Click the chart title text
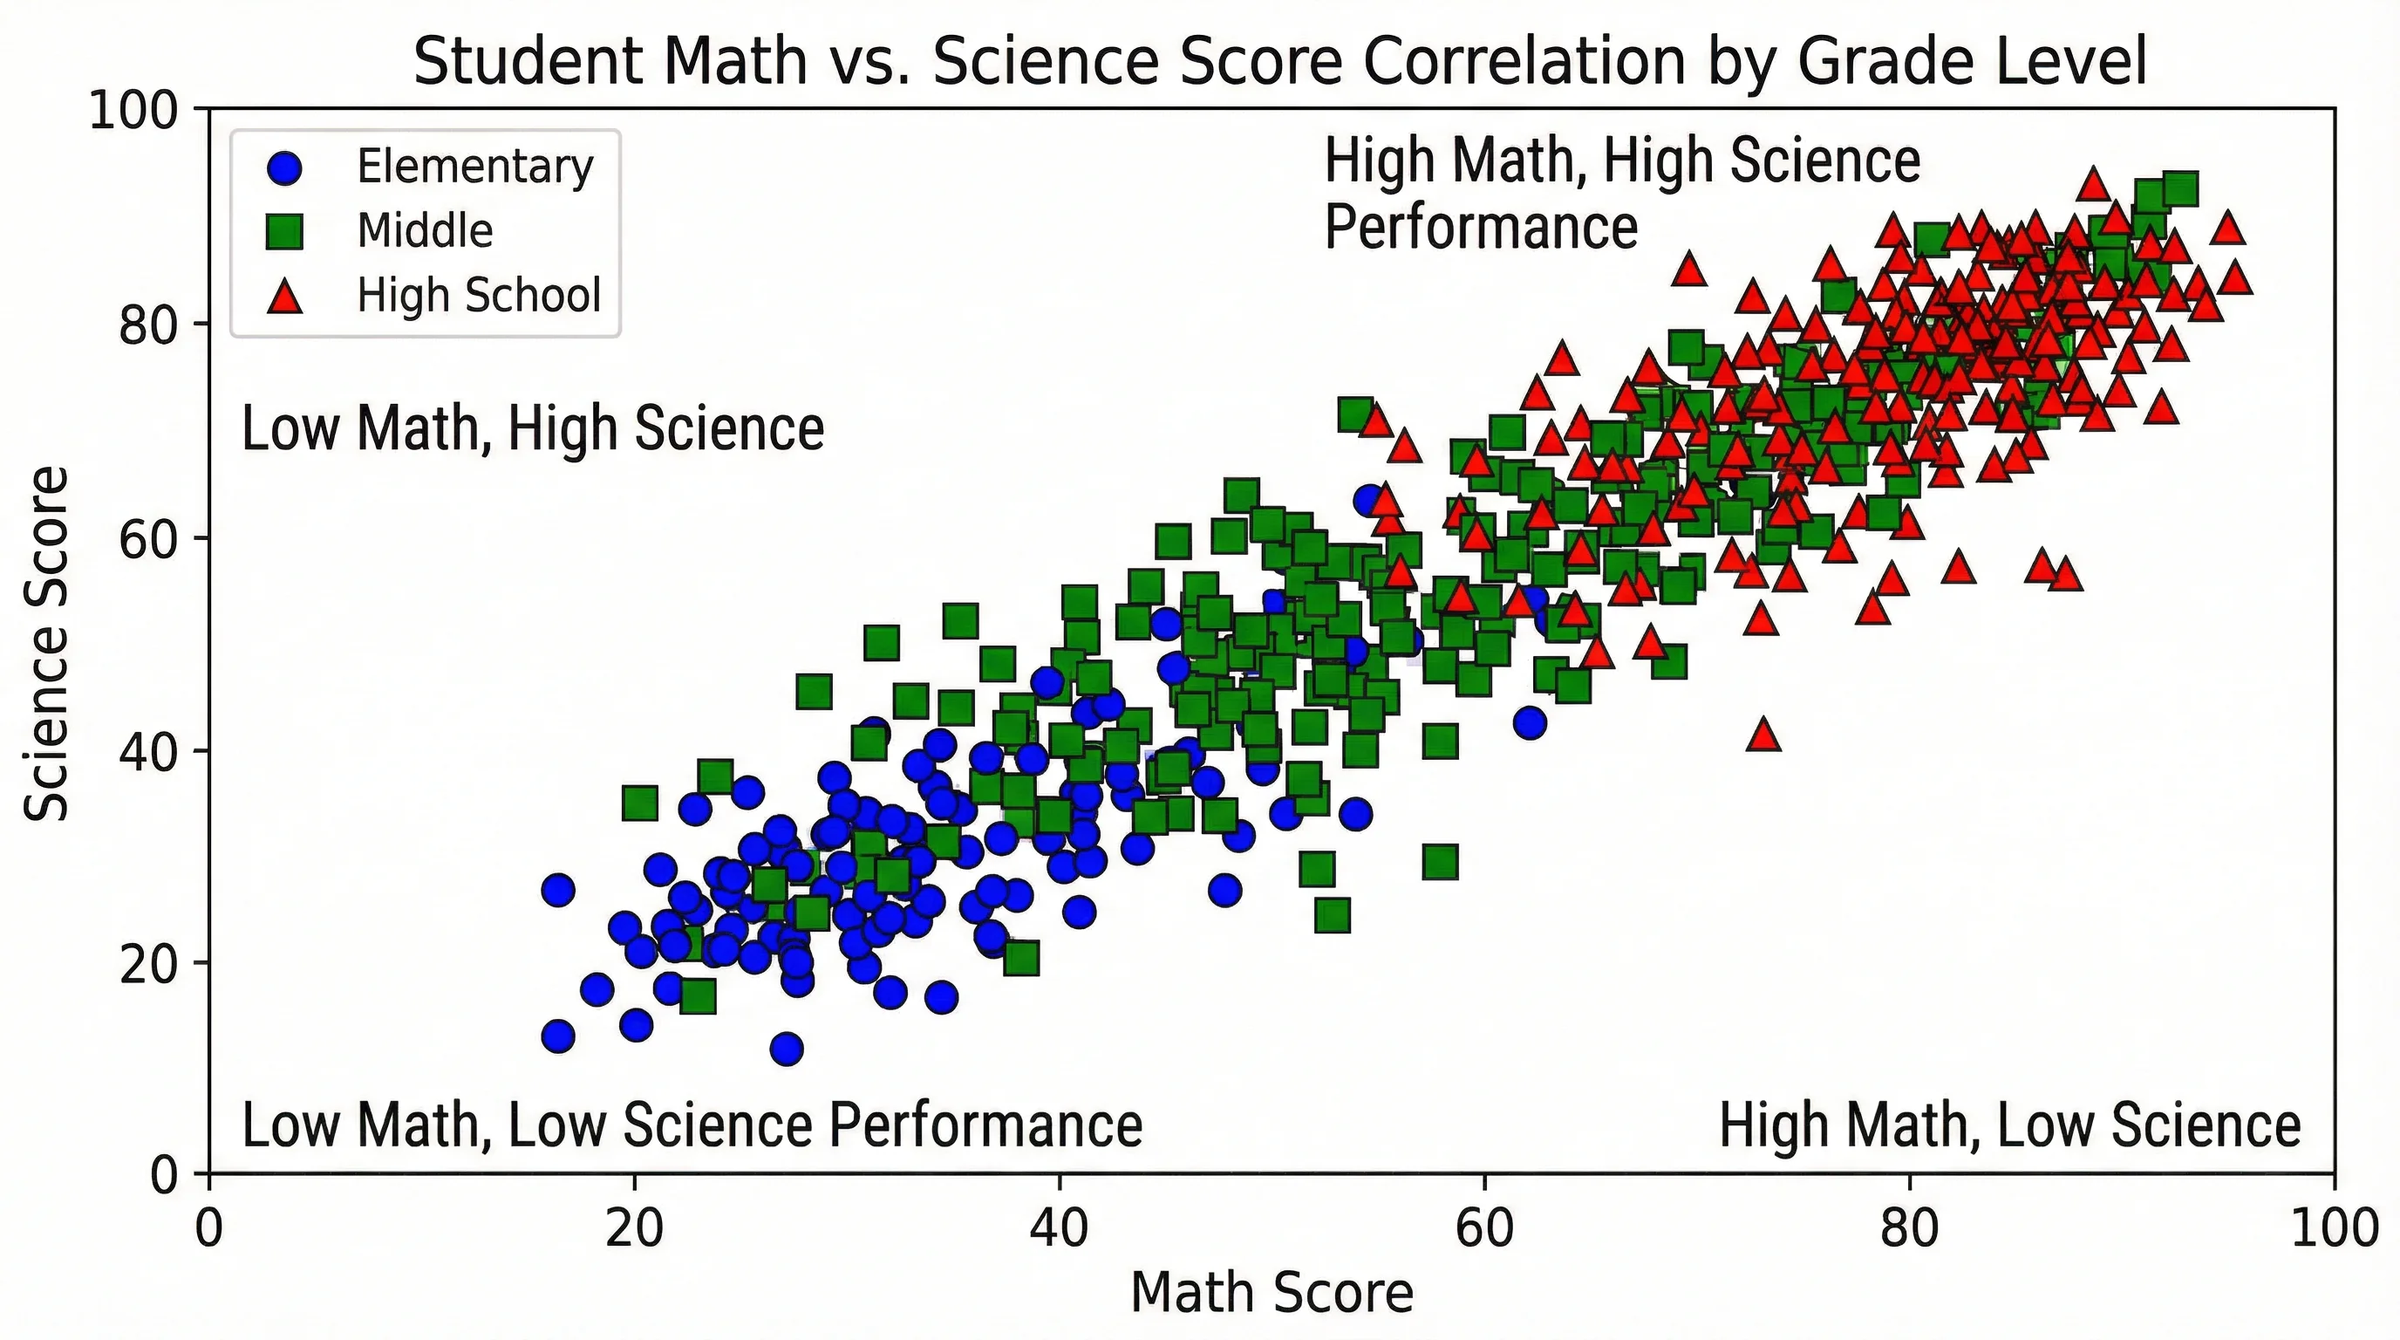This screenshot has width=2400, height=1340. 1280,60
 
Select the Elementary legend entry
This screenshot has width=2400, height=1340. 474,167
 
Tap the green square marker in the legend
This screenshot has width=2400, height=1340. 285,231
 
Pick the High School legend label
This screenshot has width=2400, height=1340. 479,295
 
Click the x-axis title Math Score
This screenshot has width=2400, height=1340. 1271,1293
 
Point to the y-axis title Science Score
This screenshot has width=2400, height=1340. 46,643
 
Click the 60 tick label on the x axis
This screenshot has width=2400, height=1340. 1483,1228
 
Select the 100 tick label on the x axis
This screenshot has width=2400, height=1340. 2334,1228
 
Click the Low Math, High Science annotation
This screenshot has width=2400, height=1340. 532,428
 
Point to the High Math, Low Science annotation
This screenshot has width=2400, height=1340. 2009,1125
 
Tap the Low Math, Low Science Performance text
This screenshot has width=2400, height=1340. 692,1125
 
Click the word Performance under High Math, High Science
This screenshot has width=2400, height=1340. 1481,228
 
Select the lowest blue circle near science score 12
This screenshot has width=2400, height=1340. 787,1049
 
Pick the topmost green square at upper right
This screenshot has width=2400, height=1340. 2180,189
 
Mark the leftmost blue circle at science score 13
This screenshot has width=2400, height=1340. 558,1036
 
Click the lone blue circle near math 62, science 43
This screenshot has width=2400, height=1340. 1530,722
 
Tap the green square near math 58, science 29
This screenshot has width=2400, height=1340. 1441,863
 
